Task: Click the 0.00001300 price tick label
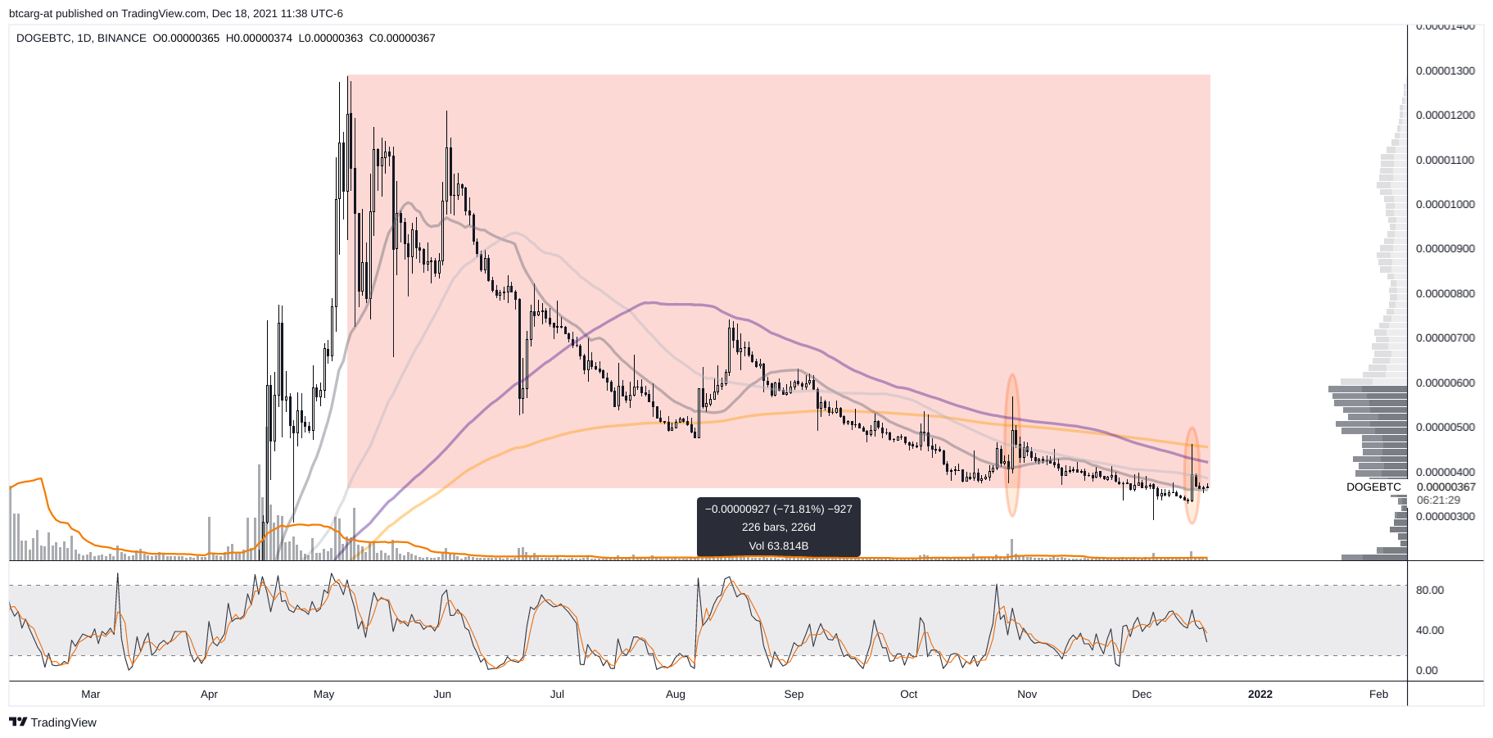click(x=1445, y=70)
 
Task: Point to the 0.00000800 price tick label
click(x=1445, y=293)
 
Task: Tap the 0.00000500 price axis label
click(x=1445, y=427)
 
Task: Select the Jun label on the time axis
click(x=442, y=694)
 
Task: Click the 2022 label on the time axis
click(x=1260, y=694)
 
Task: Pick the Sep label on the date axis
click(x=794, y=694)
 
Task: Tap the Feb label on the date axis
click(x=1378, y=694)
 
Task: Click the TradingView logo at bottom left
click(x=53, y=722)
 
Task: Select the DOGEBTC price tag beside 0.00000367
click(x=1373, y=487)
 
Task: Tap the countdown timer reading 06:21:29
click(x=1438, y=500)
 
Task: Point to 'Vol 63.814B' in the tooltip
click(x=778, y=546)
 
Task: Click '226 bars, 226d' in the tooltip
click(x=778, y=527)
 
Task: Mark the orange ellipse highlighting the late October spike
click(x=1012, y=445)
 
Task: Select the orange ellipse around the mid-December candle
click(x=1192, y=475)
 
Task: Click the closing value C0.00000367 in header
click(x=402, y=38)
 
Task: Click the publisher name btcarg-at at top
click(x=31, y=13)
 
